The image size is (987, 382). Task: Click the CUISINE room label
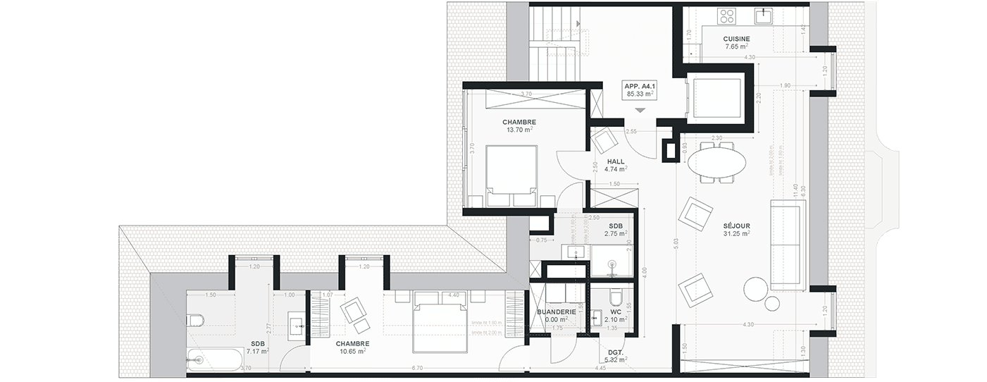click(736, 39)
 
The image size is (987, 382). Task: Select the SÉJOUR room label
click(735, 226)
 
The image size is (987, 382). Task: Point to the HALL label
click(616, 161)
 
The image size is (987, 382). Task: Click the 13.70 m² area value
click(519, 130)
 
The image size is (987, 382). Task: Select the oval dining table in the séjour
click(717, 162)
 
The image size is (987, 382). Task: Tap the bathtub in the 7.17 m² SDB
click(212, 359)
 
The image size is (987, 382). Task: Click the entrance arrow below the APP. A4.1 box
click(639, 111)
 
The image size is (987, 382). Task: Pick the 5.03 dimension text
click(675, 245)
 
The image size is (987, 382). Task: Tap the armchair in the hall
click(604, 142)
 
